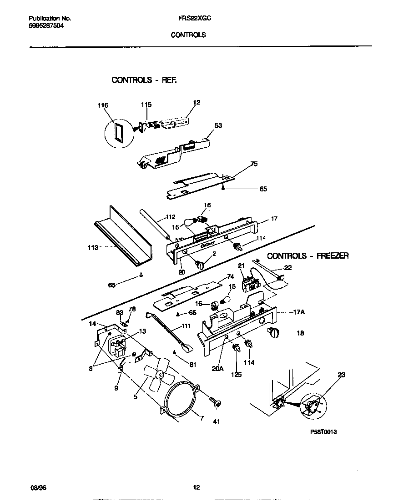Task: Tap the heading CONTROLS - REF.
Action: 144,80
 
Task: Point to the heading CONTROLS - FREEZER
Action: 307,256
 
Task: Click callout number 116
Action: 103,105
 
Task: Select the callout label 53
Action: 218,125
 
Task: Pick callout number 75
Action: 254,164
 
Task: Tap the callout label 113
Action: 92,248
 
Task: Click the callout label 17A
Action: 299,312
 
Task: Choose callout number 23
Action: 341,375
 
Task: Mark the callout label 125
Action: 236,375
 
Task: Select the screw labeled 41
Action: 215,402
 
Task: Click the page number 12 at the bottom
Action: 196,488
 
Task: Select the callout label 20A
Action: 218,369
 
